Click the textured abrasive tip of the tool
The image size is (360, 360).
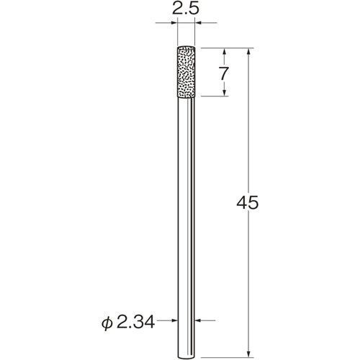[x=186, y=72]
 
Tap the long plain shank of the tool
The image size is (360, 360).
[x=186, y=216]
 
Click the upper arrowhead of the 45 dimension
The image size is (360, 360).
[x=248, y=52]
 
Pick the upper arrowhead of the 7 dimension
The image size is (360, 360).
[x=225, y=52]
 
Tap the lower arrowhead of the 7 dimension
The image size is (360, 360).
[x=225, y=93]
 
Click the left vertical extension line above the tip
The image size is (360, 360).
[x=177, y=32]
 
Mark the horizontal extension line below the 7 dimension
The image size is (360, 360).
[x=216, y=97]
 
